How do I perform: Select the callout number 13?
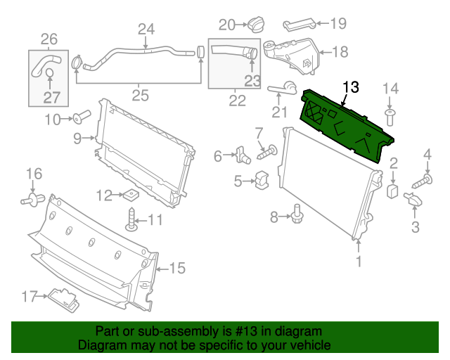[350, 87]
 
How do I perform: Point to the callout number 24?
[146, 30]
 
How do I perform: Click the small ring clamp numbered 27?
[49, 73]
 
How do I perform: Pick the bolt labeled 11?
[131, 220]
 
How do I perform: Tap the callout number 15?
[177, 268]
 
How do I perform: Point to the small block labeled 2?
[394, 189]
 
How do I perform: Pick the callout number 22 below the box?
[238, 101]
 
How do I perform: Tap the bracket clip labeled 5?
[261, 181]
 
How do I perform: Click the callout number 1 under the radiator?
[359, 263]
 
